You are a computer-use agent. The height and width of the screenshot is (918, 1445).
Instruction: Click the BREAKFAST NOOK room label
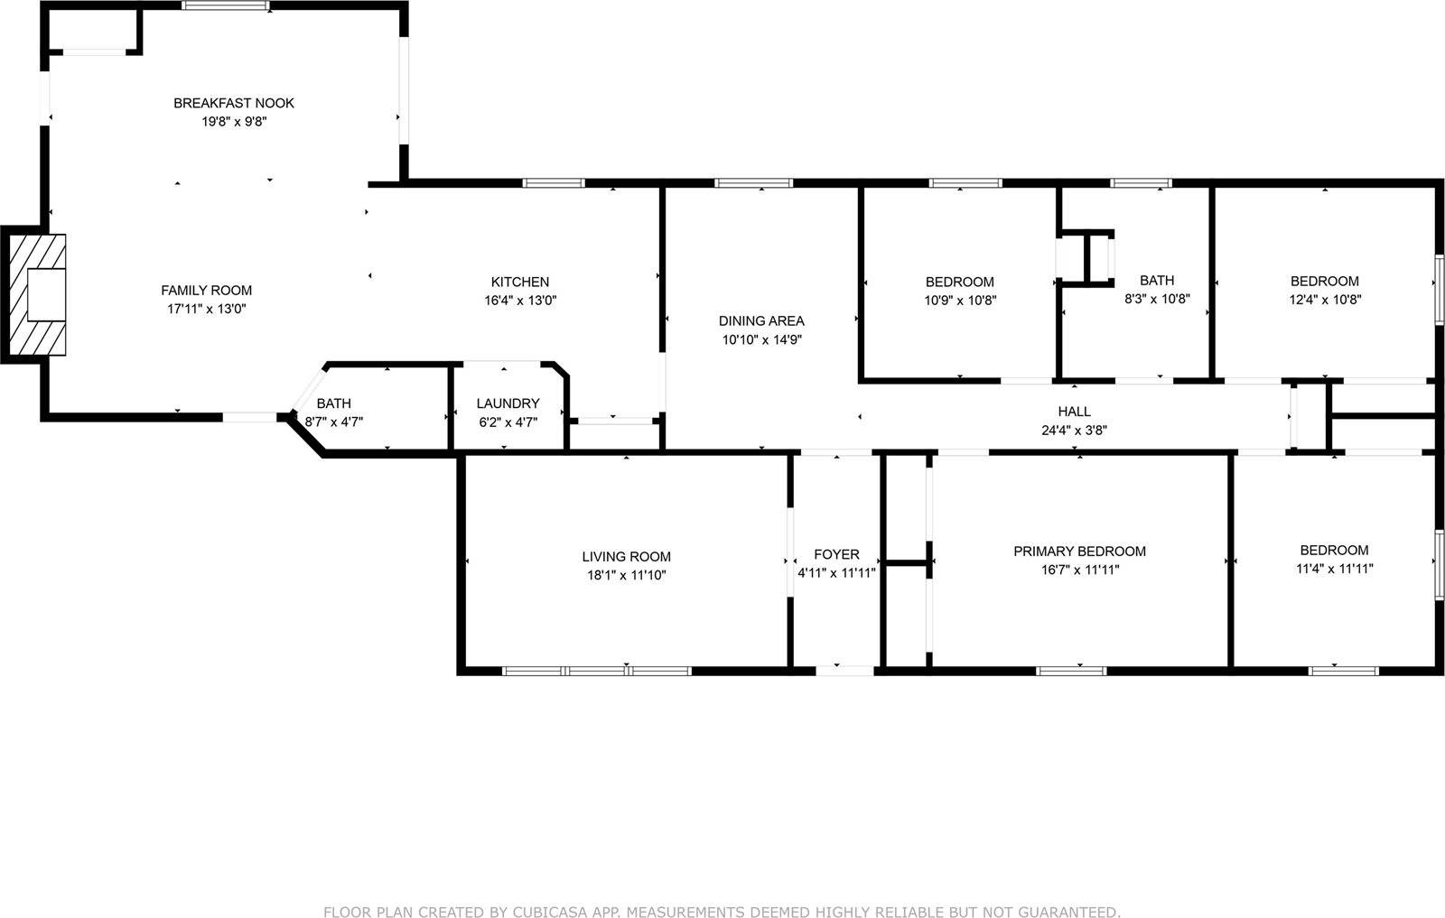(234, 103)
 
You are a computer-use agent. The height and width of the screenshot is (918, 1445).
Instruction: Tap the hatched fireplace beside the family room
(37, 295)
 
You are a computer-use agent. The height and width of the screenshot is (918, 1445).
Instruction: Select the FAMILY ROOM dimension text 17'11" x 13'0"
(207, 309)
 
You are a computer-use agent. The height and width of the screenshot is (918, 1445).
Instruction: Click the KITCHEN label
(520, 282)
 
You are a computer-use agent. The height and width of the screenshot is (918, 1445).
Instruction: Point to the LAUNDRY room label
(508, 403)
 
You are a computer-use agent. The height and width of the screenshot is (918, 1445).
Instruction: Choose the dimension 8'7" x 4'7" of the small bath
(334, 422)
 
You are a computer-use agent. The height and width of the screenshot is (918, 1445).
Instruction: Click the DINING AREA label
(761, 320)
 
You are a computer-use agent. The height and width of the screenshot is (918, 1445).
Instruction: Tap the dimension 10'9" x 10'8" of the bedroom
(960, 301)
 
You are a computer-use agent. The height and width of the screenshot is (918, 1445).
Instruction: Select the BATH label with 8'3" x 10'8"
(1157, 281)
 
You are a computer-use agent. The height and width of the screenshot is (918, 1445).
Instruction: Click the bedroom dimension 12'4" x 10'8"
(1325, 300)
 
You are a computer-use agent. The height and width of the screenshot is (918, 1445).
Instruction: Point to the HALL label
(1074, 412)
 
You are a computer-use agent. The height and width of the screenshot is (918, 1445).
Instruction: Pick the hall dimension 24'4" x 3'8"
(1074, 431)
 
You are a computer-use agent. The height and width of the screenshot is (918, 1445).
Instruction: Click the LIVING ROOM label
(626, 557)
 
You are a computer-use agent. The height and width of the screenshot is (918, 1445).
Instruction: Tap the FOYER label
(836, 554)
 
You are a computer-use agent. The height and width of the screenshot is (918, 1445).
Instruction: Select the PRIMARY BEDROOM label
(1079, 552)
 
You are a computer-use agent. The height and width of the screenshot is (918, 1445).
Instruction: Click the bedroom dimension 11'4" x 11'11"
(1334, 569)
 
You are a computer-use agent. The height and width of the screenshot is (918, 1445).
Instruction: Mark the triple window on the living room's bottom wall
(597, 671)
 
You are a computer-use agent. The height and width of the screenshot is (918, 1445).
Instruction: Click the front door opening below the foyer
(845, 671)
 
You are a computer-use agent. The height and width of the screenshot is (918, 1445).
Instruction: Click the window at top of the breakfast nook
(225, 5)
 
